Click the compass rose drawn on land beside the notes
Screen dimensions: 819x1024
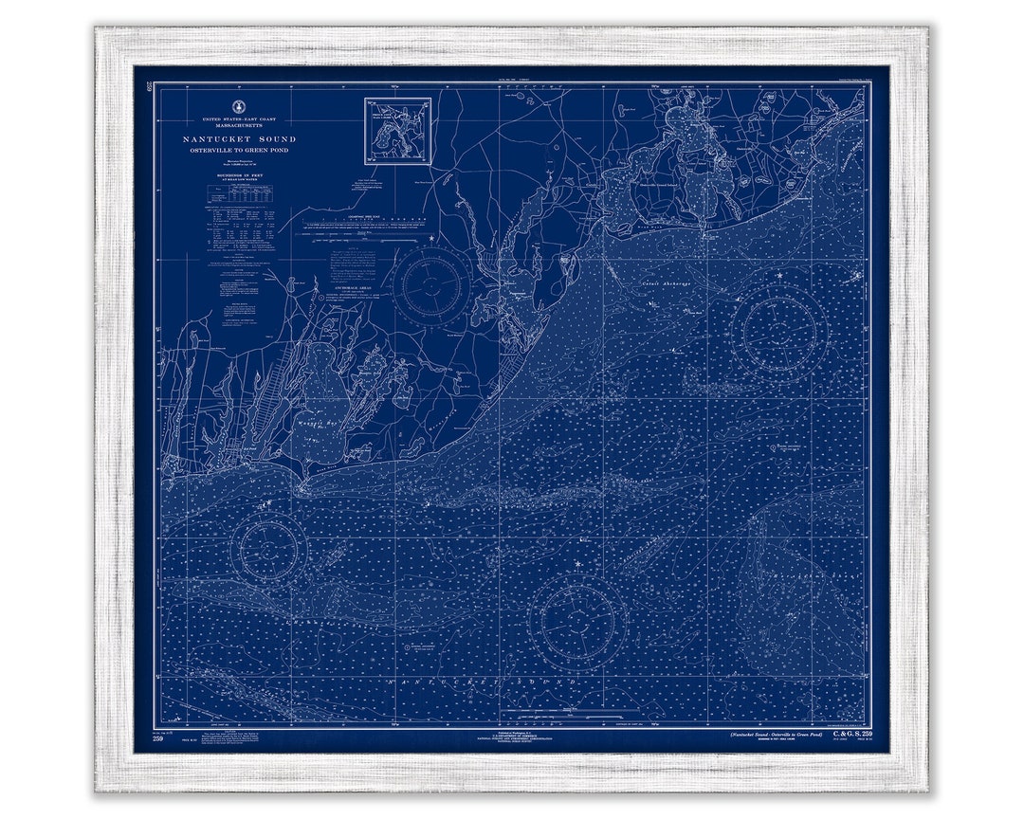432,283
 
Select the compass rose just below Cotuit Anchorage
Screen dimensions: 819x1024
779,331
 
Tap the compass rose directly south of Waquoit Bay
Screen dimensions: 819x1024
270,548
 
